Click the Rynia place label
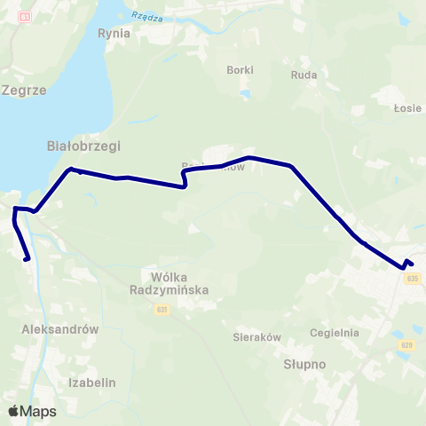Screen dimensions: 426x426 coord(114,34)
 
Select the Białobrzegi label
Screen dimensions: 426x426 coord(83,146)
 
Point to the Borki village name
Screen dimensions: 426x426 coord(240,70)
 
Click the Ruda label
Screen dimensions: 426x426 coord(304,75)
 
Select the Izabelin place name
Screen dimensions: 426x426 coord(92,383)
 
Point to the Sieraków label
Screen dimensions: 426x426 coord(256,337)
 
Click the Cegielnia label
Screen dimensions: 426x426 coord(335,333)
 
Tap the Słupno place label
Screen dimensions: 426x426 coord(305,364)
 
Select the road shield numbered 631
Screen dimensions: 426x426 coord(162,309)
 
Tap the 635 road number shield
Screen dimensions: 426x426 coord(411,278)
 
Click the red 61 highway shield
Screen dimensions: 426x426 coord(24,17)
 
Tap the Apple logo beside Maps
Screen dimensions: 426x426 coord(14,411)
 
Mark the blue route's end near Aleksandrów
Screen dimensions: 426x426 coord(28,259)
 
